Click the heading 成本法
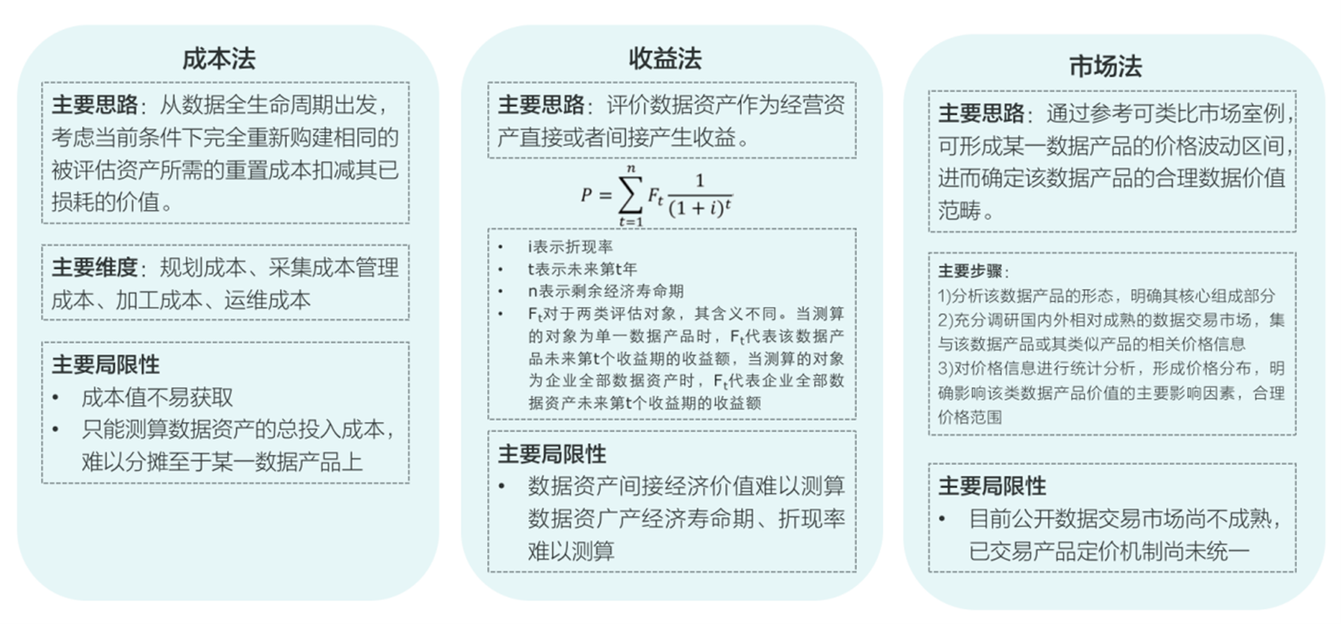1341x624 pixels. click(x=219, y=59)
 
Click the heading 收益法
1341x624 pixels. click(x=665, y=59)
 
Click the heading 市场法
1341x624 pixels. click(x=1106, y=66)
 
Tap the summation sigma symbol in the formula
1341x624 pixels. click(x=631, y=195)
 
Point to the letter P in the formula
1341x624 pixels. click(x=587, y=194)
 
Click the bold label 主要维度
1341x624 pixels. click(x=95, y=267)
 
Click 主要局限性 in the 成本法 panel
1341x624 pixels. click(x=105, y=365)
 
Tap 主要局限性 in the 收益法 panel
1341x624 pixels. click(x=552, y=454)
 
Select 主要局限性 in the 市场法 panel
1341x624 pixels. click(x=992, y=486)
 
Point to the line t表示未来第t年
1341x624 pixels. click(x=582, y=269)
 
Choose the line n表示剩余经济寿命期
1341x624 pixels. click(x=605, y=291)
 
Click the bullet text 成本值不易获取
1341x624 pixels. click(x=157, y=398)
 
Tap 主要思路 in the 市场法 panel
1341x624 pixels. click(x=981, y=114)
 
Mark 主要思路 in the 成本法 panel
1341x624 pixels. click(x=95, y=105)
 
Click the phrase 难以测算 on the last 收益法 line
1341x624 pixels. click(x=571, y=551)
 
